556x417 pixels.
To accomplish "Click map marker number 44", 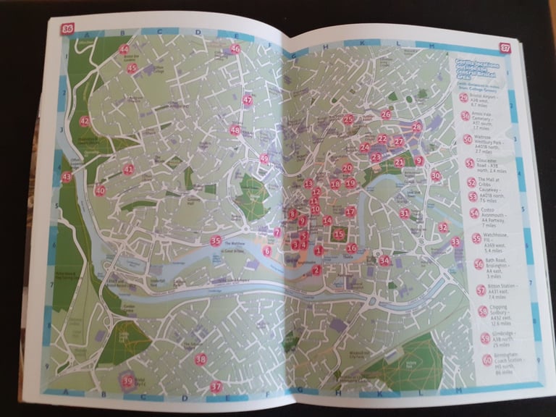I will [x=124, y=50].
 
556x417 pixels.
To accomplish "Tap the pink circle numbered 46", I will [x=235, y=49].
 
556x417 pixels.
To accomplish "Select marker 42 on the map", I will [x=85, y=122].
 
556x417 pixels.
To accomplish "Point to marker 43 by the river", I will [x=67, y=177].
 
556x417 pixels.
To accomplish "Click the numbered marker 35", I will [x=215, y=241].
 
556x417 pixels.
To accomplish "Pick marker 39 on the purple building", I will [x=128, y=382].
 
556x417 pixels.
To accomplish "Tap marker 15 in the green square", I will [x=338, y=234].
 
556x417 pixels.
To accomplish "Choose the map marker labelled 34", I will [x=384, y=261].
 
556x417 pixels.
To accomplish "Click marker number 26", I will [x=386, y=114].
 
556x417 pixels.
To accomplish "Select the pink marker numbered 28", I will [x=417, y=127].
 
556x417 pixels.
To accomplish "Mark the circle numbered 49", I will [x=264, y=159].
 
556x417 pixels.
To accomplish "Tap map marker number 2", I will [x=316, y=270].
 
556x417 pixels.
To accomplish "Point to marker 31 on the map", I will [x=405, y=214].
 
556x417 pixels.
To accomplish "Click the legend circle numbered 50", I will [x=468, y=139].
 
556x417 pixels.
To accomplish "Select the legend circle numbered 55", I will [x=476, y=238].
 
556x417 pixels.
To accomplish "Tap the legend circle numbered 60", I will [x=486, y=361].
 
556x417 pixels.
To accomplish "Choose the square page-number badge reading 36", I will [x=68, y=29].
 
